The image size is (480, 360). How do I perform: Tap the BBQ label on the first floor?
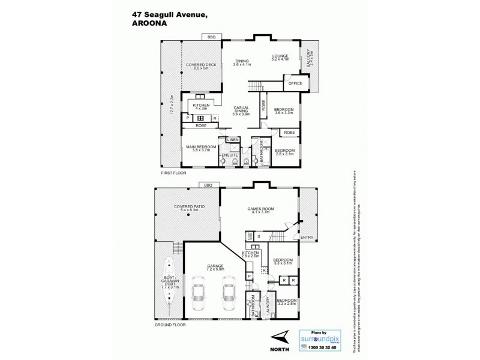click(211, 37)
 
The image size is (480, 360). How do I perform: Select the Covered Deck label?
click(200, 66)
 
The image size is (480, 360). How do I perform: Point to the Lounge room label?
click(280, 58)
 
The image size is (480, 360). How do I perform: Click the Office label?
click(295, 83)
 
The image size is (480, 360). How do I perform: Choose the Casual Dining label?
click(241, 111)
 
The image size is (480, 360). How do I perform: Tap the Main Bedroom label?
click(200, 148)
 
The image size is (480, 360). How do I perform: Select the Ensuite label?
click(230, 155)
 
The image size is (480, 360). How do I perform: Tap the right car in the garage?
click(228, 293)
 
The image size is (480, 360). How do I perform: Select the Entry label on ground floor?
click(307, 238)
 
